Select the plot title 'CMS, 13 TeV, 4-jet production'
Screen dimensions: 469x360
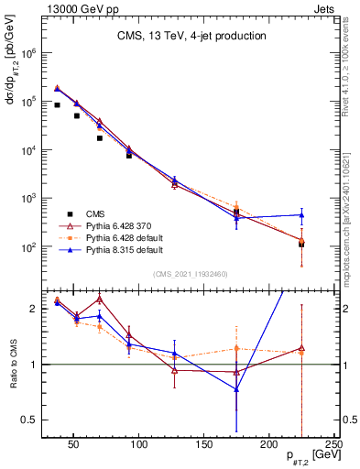coord(191,37)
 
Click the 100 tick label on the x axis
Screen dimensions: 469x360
coord(139,444)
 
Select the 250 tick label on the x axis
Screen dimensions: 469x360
coord(333,444)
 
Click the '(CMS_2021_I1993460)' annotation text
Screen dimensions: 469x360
coord(191,273)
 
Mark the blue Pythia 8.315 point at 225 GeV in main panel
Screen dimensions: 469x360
coord(301,215)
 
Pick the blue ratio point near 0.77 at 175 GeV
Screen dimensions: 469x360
coord(236,389)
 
